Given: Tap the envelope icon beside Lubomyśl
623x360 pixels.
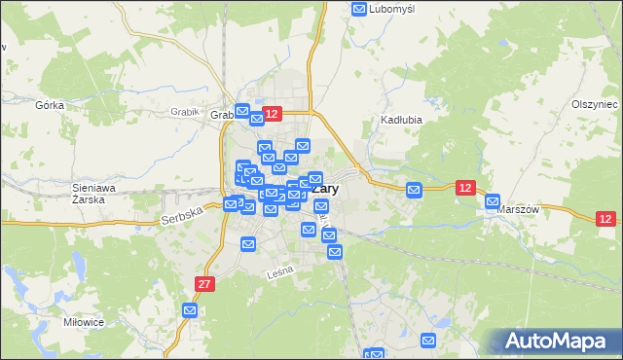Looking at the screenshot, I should pyautogui.click(x=358, y=10).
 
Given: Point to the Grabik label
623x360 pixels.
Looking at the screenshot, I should pyautogui.click(x=184, y=112).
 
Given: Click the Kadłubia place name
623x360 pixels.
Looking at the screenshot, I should pyautogui.click(x=399, y=121).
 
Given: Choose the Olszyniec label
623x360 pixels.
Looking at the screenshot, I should pyautogui.click(x=595, y=104).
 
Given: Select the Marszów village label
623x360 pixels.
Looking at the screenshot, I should pyautogui.click(x=518, y=209).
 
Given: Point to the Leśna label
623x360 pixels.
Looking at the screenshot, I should pyautogui.click(x=279, y=275).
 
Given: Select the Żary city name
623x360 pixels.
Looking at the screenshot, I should pyautogui.click(x=326, y=190).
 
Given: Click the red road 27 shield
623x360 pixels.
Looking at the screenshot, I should pyautogui.click(x=202, y=284).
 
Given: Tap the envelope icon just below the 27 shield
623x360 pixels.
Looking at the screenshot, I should pyautogui.click(x=190, y=310).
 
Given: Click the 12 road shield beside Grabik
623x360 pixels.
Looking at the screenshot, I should pyautogui.click(x=272, y=115).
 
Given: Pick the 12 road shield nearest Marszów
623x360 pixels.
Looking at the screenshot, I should pyautogui.click(x=465, y=187).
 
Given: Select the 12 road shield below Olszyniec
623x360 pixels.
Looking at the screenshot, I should pyautogui.click(x=605, y=220).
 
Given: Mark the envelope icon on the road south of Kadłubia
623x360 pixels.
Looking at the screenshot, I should pyautogui.click(x=414, y=190).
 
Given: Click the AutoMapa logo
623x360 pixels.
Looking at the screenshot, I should pyautogui.click(x=556, y=342).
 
